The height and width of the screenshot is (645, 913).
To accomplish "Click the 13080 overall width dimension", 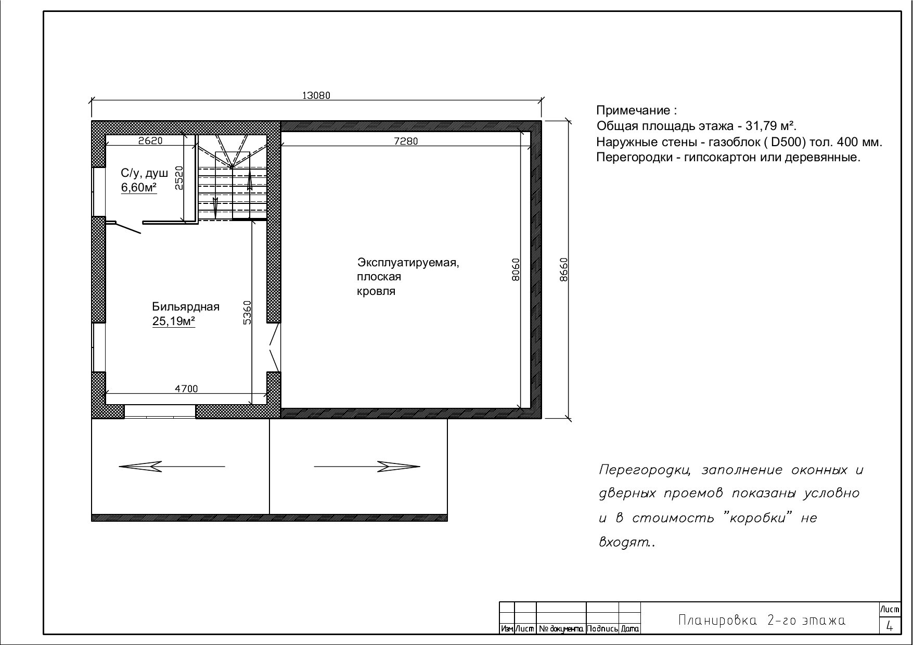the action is point(316,95).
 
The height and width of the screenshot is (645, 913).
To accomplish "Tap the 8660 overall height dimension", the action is point(564,269).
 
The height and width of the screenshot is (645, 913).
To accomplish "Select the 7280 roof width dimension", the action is point(406,141).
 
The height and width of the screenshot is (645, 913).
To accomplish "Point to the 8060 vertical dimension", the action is point(516,269).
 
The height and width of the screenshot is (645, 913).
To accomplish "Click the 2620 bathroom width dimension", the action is point(151,140).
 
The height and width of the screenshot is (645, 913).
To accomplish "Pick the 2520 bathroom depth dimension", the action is point(179,178).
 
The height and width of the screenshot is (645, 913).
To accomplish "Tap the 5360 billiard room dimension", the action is point(248,312).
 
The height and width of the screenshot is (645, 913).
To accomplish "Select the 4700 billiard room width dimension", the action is point(186,389).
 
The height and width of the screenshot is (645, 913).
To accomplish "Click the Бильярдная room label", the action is point(186,307).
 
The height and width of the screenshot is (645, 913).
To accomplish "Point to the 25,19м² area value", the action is point(174,321).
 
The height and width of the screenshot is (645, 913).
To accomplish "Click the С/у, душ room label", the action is point(145,174).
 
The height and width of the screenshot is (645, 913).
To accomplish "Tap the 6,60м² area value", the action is point(139,188).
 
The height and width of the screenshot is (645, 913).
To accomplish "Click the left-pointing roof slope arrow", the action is point(172,467).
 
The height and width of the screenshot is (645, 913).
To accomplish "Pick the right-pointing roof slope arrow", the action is point(367,467).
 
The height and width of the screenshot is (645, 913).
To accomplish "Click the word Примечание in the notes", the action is point(634,110).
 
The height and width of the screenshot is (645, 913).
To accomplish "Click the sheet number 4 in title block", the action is point(890,626).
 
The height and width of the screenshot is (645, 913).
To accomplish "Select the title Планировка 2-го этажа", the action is point(762,621).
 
